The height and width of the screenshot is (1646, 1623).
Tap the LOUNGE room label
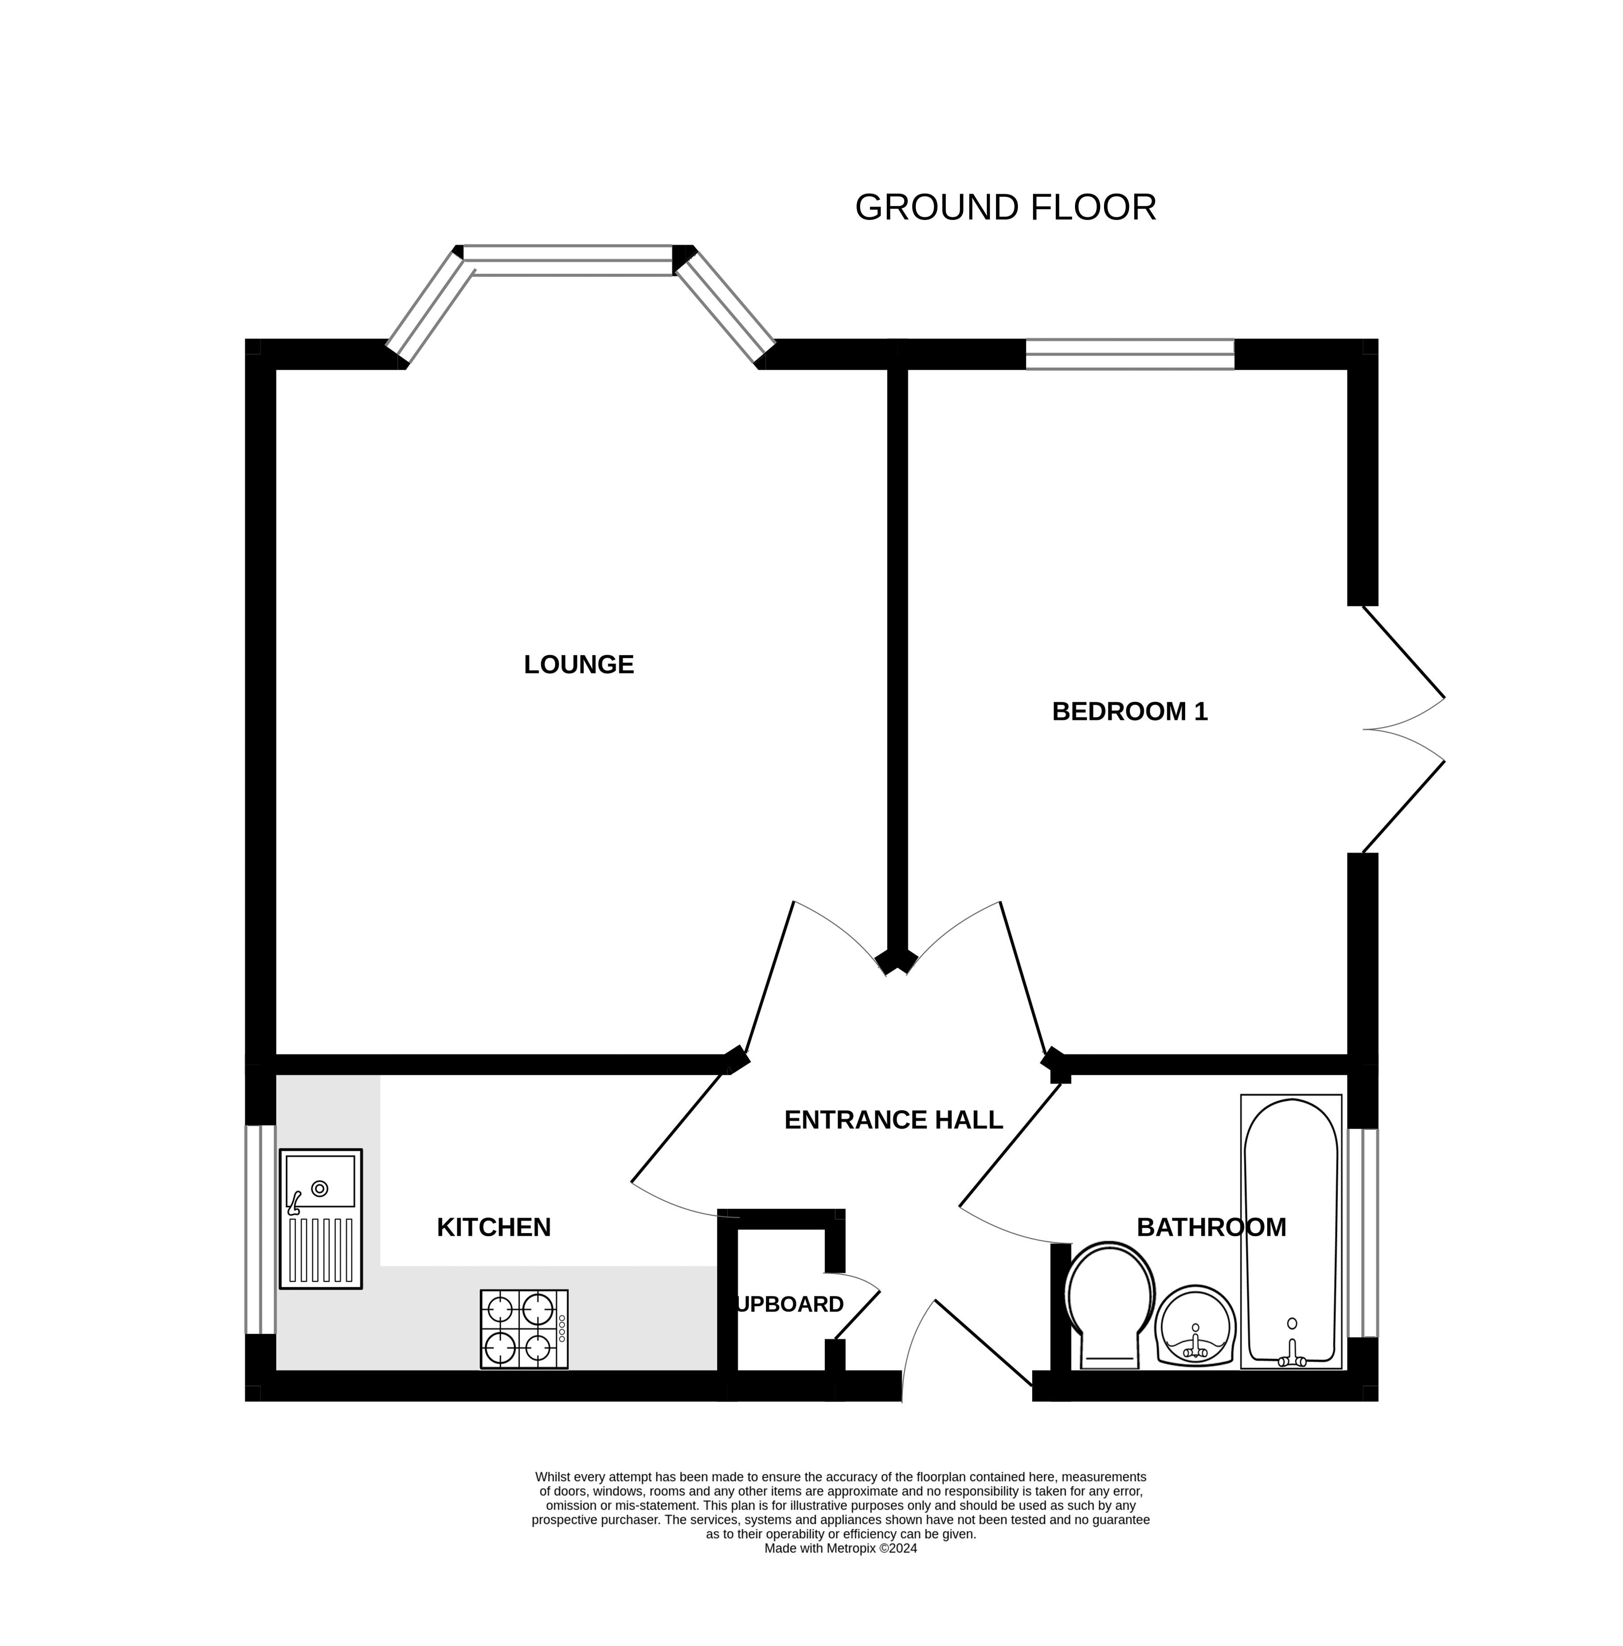[578, 664]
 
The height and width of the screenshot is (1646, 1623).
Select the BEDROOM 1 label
[1130, 711]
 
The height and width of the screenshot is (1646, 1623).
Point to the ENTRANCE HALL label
[893, 1119]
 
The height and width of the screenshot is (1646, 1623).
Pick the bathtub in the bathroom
[1291, 1232]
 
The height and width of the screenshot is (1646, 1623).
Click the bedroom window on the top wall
[1130, 355]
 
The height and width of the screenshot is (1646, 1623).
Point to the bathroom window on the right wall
[1362, 1233]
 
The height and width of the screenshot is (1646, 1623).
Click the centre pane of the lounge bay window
[568, 260]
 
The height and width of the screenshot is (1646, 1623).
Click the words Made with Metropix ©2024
[840, 1572]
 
